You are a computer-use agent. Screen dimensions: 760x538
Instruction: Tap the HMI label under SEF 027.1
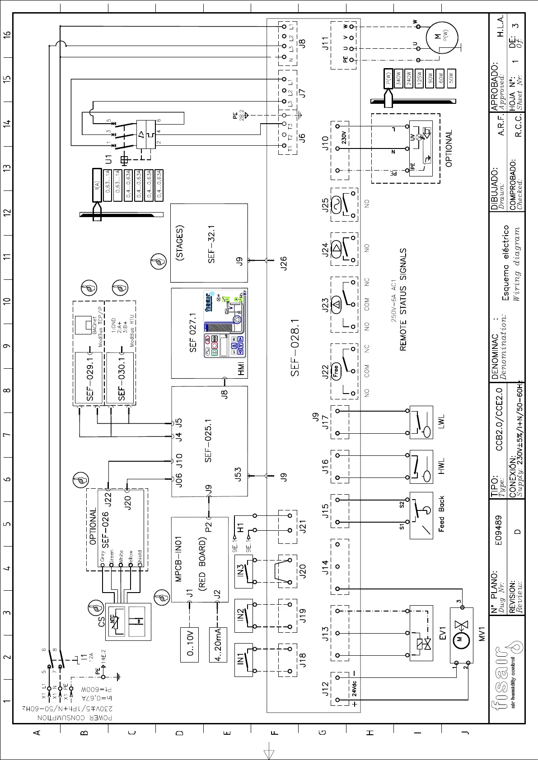pos(241,368)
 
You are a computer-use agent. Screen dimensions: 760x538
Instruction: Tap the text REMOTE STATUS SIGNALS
pos(403,300)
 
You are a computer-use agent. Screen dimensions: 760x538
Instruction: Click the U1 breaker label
pos(108,159)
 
